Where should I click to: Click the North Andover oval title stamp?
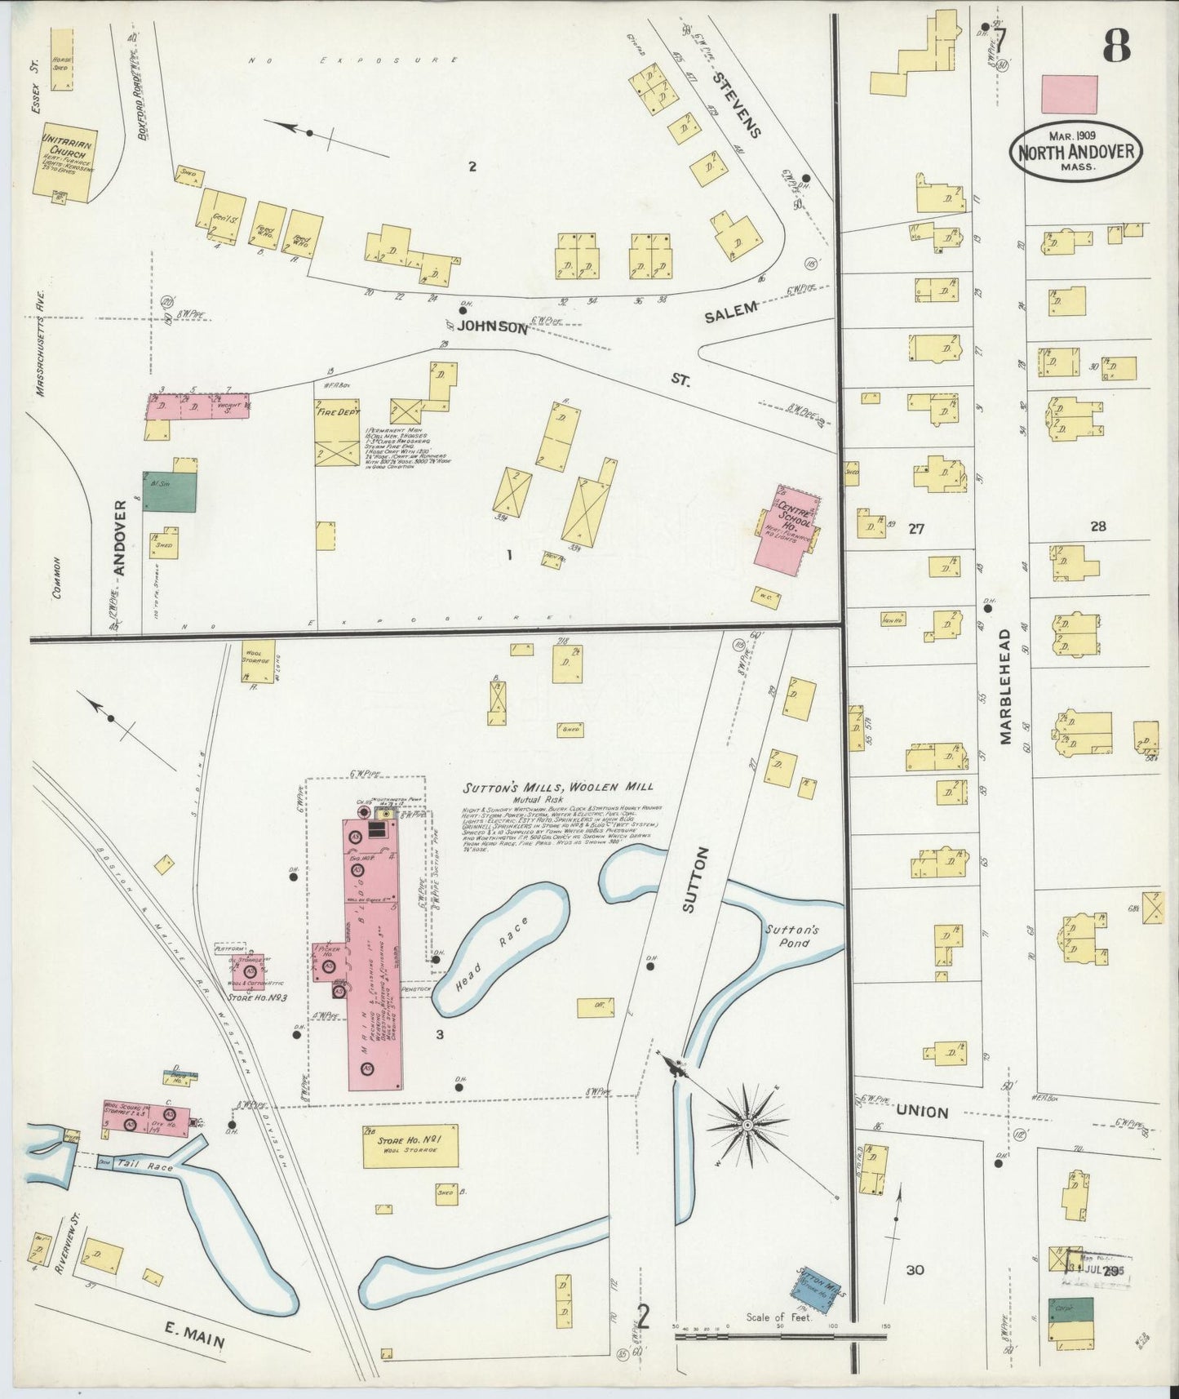pyautogui.click(x=1075, y=152)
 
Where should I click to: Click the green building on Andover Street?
pyautogui.click(x=169, y=491)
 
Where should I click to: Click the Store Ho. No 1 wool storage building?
pyautogui.click(x=410, y=1146)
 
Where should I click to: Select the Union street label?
pyautogui.click(x=922, y=1113)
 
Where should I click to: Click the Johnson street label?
pyautogui.click(x=492, y=326)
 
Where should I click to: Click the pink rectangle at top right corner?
pyautogui.click(x=1069, y=95)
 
